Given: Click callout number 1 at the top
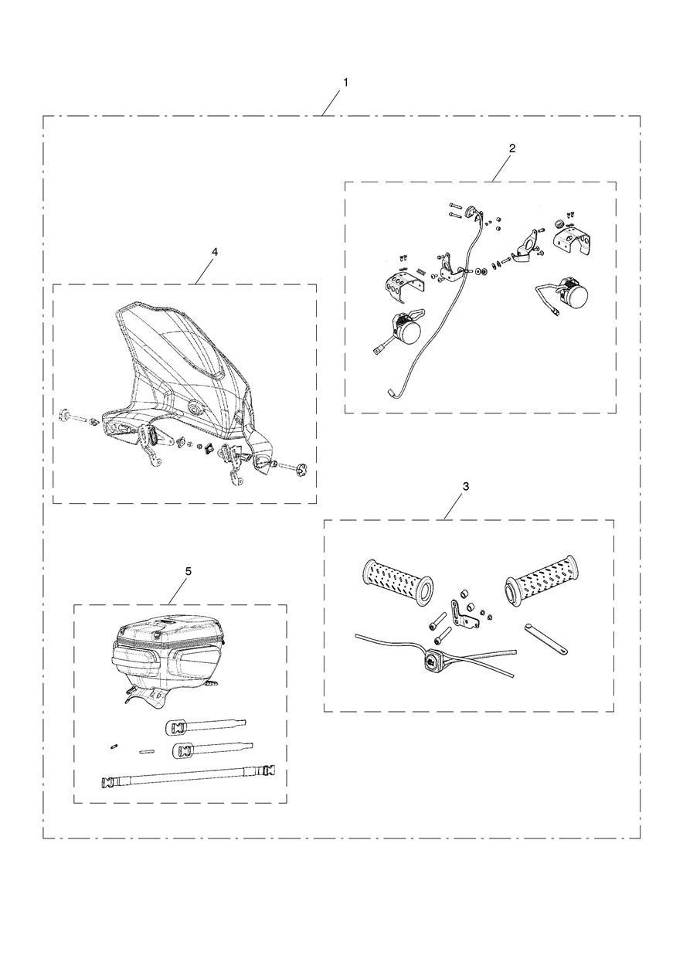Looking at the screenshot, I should (345, 82).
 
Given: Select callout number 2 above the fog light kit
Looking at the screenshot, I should (512, 148).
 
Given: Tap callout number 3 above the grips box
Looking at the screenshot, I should (465, 486).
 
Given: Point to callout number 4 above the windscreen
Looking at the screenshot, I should (215, 252).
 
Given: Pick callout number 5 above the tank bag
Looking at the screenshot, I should (189, 571).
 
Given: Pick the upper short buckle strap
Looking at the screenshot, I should (206, 726).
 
